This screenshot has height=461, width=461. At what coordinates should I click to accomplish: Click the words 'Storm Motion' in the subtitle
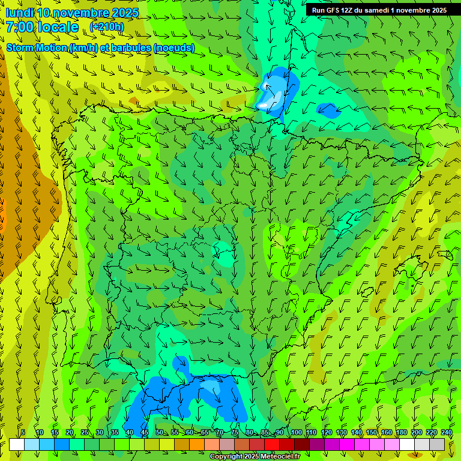click(x=37, y=47)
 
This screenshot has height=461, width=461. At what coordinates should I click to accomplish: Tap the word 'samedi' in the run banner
click(x=373, y=10)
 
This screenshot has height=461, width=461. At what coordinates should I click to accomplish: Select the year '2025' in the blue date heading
click(x=125, y=13)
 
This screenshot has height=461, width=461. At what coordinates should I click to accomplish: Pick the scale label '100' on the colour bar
click(x=296, y=432)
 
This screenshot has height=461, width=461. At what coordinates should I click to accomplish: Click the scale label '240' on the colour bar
click(x=447, y=432)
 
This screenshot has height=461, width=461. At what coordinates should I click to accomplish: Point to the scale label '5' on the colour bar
click(x=23, y=432)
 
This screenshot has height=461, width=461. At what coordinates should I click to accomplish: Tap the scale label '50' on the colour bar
click(x=159, y=432)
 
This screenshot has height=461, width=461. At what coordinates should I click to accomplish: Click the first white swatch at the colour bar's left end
click(x=17, y=444)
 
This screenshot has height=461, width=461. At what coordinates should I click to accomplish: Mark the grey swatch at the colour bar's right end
click(x=438, y=444)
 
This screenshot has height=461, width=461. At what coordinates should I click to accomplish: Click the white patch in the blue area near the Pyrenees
click(x=264, y=105)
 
